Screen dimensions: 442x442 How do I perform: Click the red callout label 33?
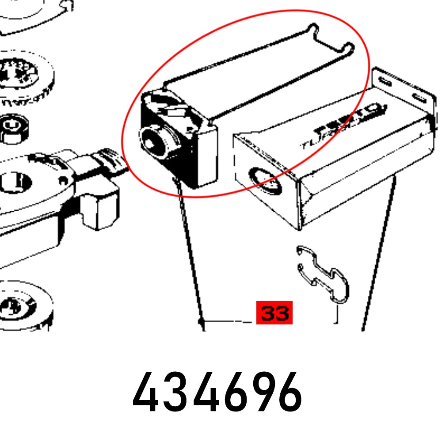274,313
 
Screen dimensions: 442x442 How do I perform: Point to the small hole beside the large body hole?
63,180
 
